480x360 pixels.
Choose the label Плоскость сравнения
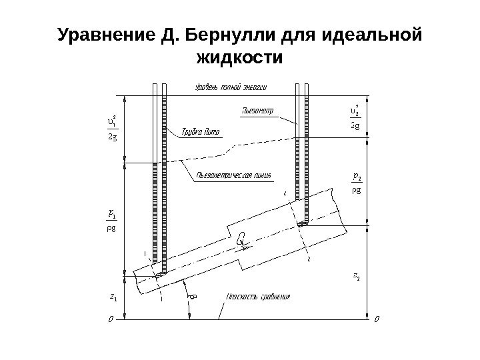(259, 296)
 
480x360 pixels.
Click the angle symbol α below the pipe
(193, 295)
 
